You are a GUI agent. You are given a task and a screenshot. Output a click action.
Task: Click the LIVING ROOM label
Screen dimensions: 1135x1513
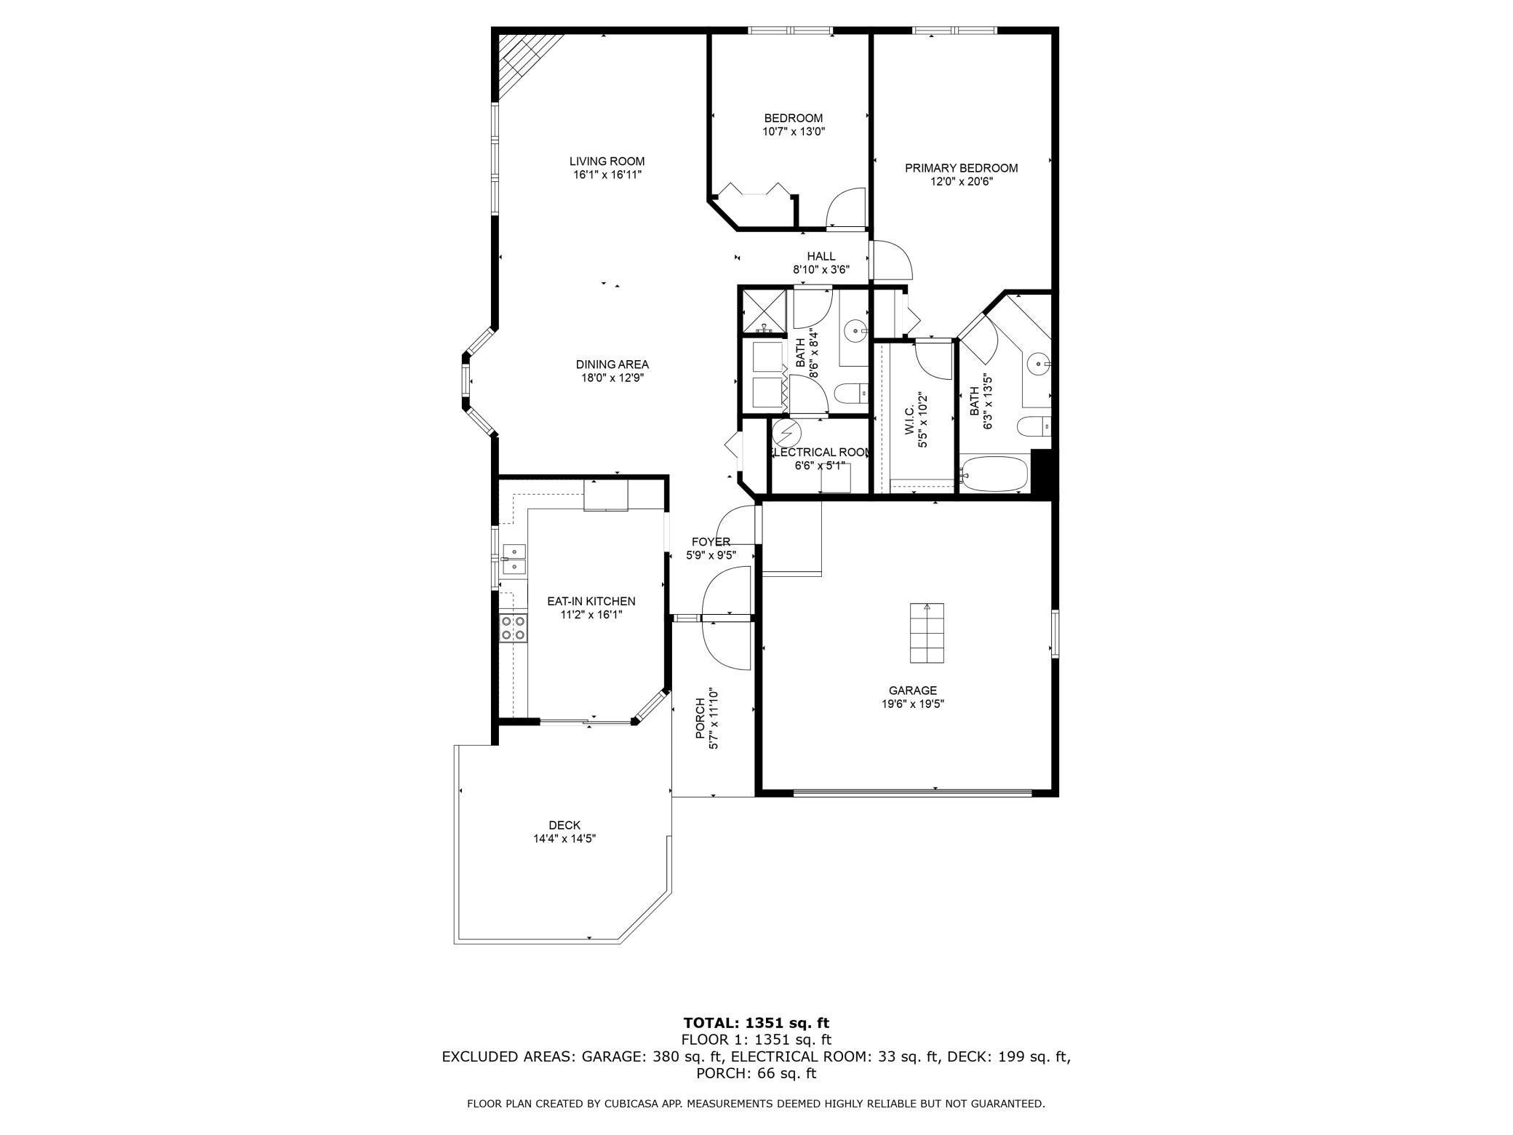coord(607,162)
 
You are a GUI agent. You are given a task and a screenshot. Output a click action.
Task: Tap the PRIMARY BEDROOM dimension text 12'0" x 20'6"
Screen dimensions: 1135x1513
coord(961,182)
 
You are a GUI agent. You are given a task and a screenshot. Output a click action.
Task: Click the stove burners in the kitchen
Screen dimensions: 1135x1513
coord(513,628)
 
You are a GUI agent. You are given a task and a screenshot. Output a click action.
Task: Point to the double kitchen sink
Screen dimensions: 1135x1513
coord(514,559)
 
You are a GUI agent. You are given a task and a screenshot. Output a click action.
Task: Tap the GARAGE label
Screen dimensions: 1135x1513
coord(912,690)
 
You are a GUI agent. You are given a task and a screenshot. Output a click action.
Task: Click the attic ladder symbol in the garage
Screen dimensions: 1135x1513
coord(927,633)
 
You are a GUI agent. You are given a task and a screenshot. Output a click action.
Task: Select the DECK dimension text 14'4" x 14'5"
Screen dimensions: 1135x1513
coord(564,839)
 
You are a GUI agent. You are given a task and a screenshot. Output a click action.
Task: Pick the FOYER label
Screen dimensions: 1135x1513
coord(711,541)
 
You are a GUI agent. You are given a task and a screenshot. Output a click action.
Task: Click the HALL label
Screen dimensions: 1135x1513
coord(821,256)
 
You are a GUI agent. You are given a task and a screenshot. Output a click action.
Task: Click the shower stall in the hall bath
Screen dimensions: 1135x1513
coord(763,311)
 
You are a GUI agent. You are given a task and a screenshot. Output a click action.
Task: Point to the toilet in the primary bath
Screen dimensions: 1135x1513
coord(1033,426)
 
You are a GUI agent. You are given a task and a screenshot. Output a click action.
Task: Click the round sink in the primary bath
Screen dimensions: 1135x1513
coord(1038,362)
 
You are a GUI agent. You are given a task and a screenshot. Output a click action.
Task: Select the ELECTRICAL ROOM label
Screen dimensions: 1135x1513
coord(820,453)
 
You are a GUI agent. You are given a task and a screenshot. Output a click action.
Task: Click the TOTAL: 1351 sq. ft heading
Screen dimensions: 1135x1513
coord(756,1023)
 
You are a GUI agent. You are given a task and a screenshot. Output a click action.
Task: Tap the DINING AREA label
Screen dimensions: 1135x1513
coord(612,365)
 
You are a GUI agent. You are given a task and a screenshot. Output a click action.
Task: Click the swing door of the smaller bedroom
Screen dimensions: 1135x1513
coord(845,208)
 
